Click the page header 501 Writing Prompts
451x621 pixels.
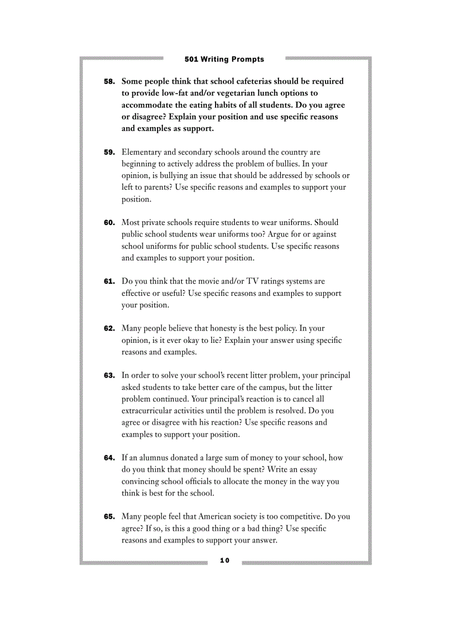(224, 59)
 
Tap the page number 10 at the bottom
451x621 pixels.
(224, 561)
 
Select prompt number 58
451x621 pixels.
(109, 81)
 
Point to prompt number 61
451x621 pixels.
(109, 281)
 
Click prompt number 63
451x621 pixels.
(109, 375)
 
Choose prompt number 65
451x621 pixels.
(109, 517)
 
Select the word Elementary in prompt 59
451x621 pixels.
(141, 152)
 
